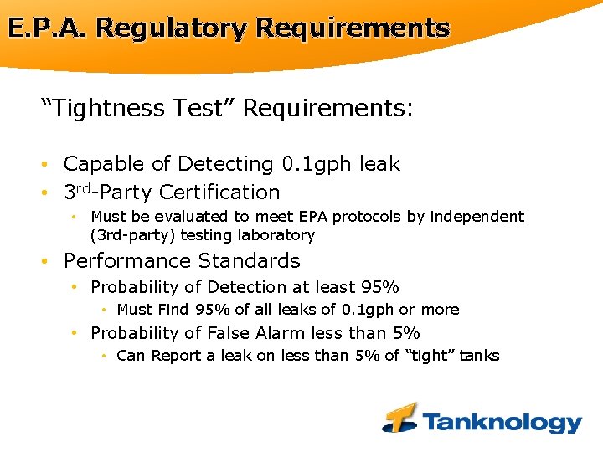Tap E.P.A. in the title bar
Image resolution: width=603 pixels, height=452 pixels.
tap(48, 28)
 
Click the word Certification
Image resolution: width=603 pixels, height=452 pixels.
tap(219, 193)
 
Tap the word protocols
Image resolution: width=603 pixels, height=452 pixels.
tap(367, 217)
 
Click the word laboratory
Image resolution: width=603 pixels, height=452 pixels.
tap(276, 235)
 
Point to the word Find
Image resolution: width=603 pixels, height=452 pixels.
tap(174, 310)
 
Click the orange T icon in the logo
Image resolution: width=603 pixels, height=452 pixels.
tap(400, 417)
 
